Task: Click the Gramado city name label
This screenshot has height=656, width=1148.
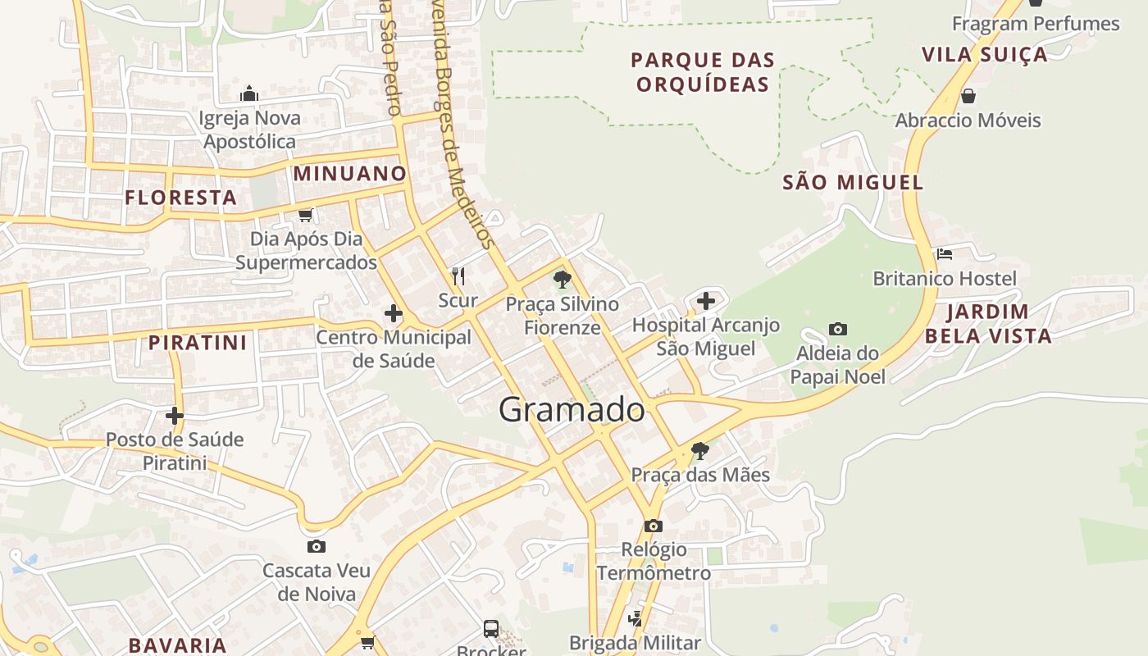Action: click(x=572, y=409)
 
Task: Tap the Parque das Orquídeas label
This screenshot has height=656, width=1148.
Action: click(x=703, y=72)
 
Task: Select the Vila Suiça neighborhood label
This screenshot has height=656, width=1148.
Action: click(x=984, y=55)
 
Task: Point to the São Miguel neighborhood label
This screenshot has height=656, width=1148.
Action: click(x=853, y=182)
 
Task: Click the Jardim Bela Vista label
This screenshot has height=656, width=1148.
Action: click(x=988, y=323)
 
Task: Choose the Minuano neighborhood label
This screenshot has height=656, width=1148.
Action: click(x=350, y=174)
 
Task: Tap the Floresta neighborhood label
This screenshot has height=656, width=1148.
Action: click(x=181, y=198)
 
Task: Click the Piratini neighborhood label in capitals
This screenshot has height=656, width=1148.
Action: click(x=198, y=343)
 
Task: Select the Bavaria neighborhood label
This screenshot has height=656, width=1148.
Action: click(x=178, y=645)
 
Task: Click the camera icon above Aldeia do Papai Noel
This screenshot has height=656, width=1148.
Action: click(x=837, y=330)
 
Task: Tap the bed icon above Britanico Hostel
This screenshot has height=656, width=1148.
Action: click(x=945, y=254)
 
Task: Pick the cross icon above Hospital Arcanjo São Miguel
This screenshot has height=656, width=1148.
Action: click(x=706, y=301)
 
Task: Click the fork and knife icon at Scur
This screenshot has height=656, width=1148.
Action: click(x=458, y=276)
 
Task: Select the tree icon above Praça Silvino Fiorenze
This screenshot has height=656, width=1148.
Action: click(x=562, y=280)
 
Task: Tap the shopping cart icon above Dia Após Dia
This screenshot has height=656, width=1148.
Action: click(x=305, y=215)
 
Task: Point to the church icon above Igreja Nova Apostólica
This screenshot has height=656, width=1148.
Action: click(x=249, y=94)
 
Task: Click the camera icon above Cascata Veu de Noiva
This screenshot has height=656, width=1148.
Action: click(x=316, y=547)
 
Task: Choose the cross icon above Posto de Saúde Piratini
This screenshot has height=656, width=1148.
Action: click(x=175, y=416)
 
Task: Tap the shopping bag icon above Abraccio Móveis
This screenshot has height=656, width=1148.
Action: click(x=968, y=96)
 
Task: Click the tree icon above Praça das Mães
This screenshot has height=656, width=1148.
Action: click(x=699, y=450)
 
